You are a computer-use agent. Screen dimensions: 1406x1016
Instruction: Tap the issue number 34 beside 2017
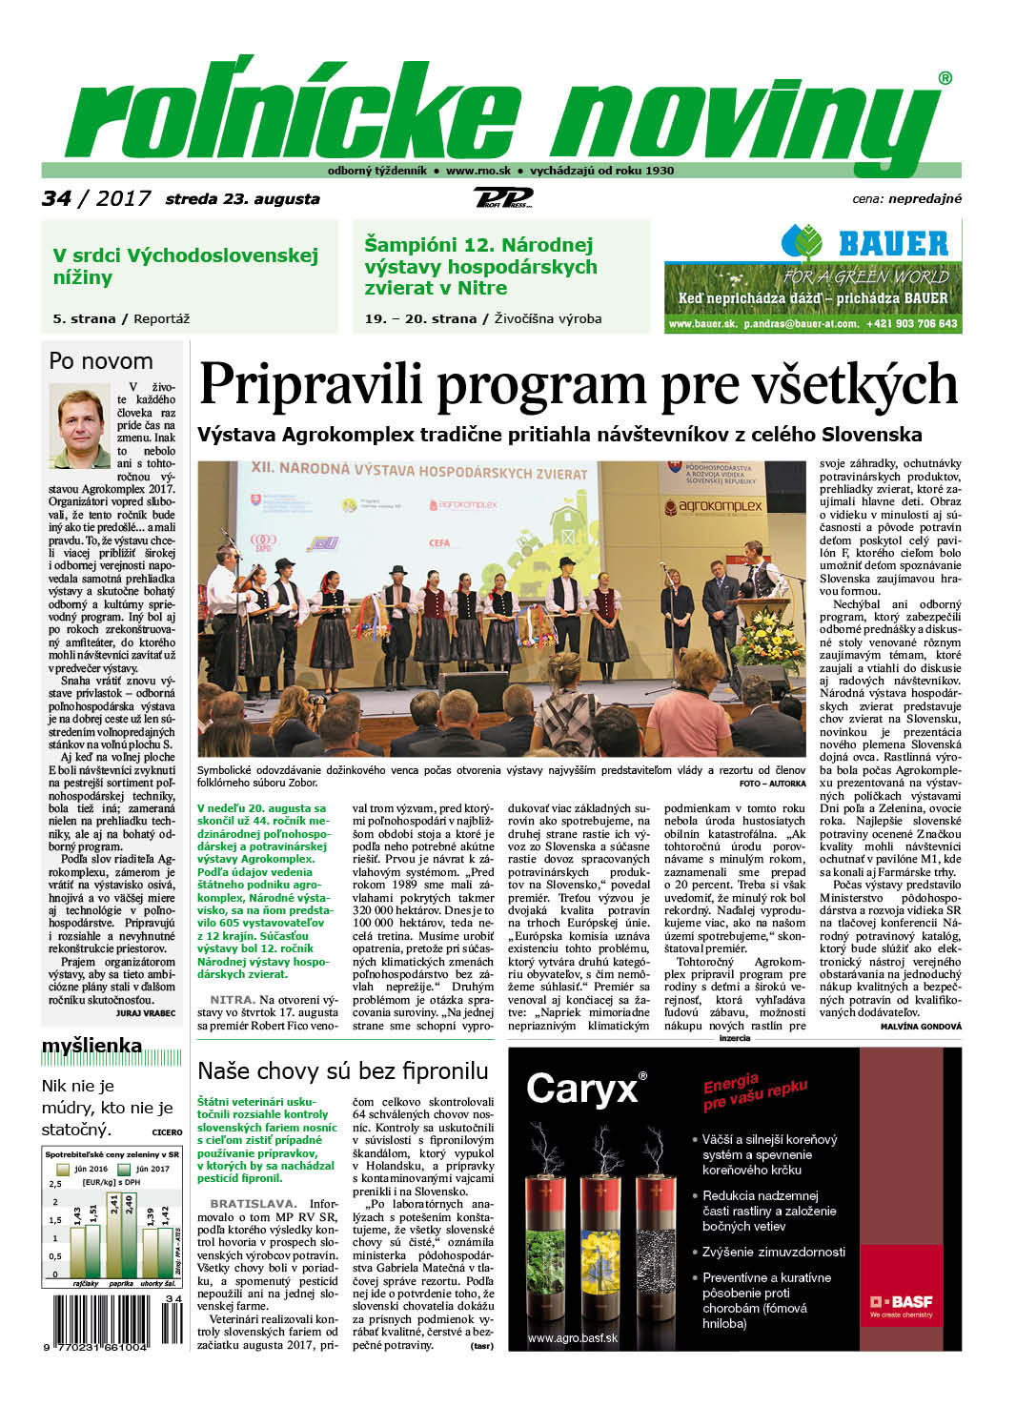click(x=56, y=198)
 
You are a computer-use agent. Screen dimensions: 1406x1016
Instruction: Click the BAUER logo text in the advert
click(x=893, y=244)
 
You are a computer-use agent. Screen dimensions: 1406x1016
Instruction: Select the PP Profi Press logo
click(x=502, y=197)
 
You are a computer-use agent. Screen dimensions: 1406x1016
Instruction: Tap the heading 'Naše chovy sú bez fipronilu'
click(x=342, y=1070)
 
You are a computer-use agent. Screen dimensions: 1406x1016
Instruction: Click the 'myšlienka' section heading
click(x=91, y=1046)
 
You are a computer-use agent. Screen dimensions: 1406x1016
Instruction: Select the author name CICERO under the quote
click(x=167, y=1132)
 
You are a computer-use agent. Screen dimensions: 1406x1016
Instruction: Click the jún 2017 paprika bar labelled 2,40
click(x=129, y=1234)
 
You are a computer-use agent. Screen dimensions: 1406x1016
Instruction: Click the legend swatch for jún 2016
click(x=63, y=1169)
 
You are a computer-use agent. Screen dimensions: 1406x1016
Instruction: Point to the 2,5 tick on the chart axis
click(x=54, y=1184)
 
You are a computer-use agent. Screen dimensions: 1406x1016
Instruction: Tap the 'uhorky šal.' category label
click(x=155, y=1284)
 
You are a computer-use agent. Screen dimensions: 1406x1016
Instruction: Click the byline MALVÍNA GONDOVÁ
click(x=921, y=1027)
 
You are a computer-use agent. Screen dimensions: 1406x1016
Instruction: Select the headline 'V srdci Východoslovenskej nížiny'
click(x=185, y=266)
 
